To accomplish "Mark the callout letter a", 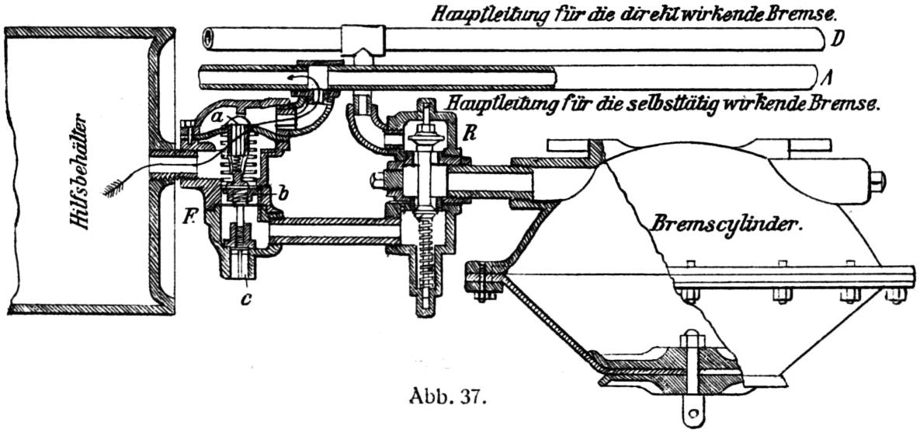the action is tap(219, 118).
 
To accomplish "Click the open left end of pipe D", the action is tap(206, 38).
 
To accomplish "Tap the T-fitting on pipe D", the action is tap(362, 42).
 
